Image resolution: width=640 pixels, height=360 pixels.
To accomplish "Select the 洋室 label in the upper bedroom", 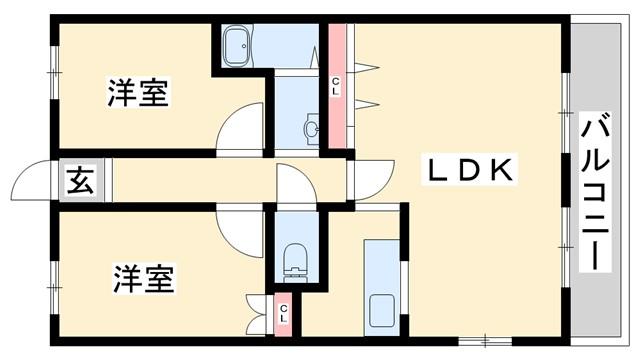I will tap(138, 93).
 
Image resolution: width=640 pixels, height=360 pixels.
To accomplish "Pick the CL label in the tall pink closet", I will tap(336, 86).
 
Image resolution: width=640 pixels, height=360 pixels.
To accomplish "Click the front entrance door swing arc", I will tap(30, 184).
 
